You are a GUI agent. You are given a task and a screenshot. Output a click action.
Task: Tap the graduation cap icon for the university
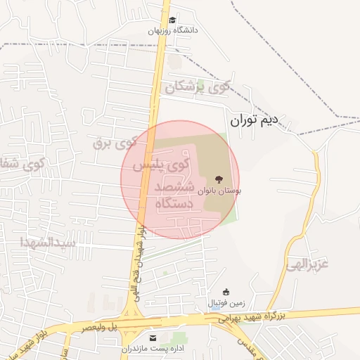pyautogui.click(x=173, y=20)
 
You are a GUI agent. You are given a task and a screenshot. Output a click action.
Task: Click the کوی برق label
pyautogui.click(x=113, y=143)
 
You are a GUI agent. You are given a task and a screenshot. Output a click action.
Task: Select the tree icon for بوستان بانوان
pyautogui.click(x=219, y=179)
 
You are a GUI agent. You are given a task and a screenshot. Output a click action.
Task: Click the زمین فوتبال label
pyautogui.click(x=226, y=304)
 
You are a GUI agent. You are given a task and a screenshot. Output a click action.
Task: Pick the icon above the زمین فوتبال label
pyautogui.click(x=226, y=292)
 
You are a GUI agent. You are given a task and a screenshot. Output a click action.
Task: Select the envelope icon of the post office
pyautogui.click(x=153, y=338)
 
